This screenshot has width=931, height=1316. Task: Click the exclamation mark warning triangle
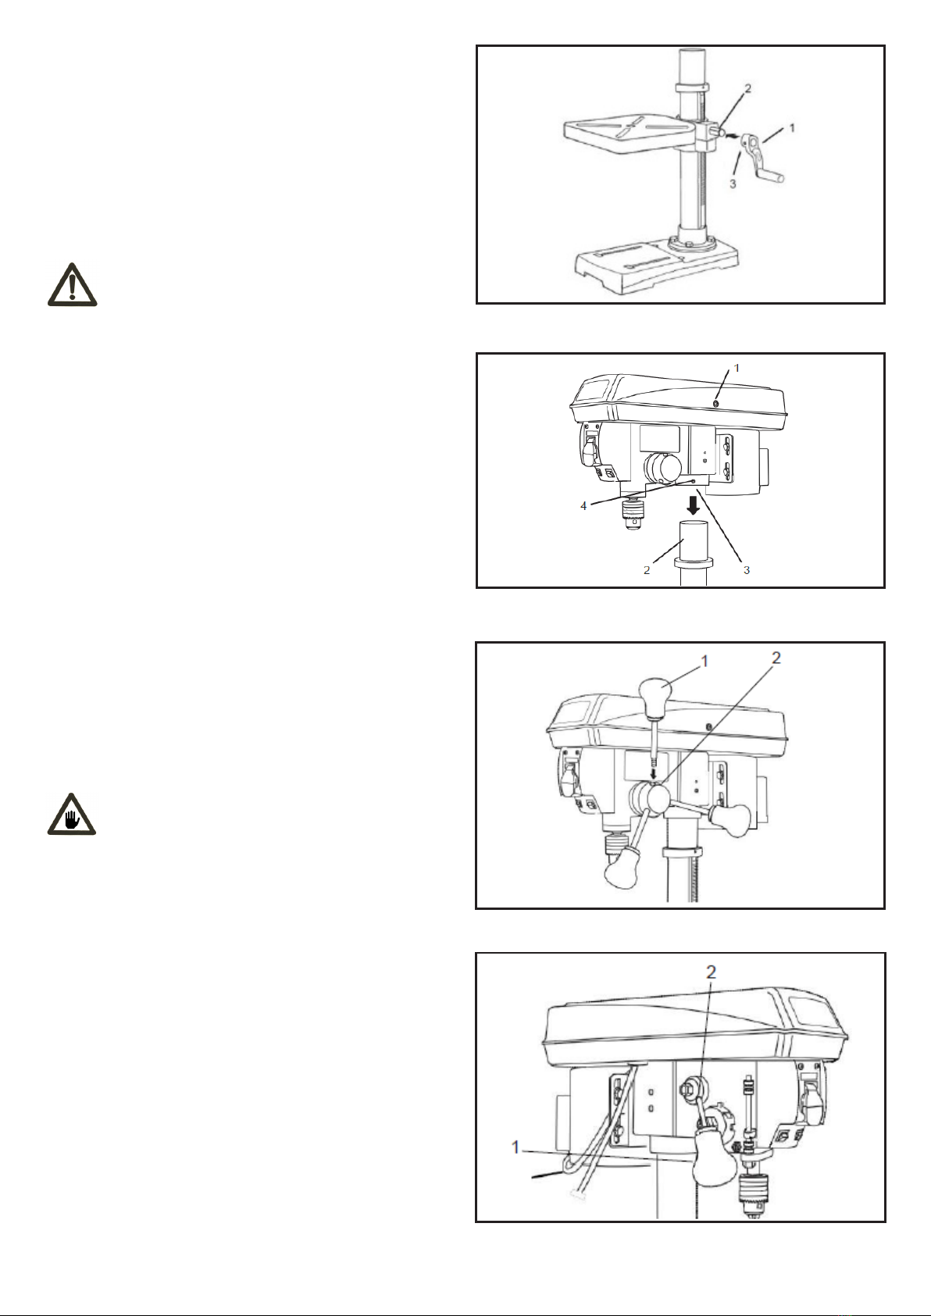(73, 285)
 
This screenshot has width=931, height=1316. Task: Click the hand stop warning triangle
(72, 815)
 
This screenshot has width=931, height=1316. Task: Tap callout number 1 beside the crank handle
(792, 127)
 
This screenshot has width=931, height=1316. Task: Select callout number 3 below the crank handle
(733, 184)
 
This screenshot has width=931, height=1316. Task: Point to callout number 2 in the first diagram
(747, 89)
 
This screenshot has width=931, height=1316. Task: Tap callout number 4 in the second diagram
(583, 506)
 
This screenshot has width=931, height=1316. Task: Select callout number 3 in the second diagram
(747, 570)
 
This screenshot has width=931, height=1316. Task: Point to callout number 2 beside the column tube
(647, 570)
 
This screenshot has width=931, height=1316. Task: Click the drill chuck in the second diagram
(632, 514)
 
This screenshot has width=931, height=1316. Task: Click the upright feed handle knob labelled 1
(655, 698)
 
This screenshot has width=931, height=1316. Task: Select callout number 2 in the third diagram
(776, 658)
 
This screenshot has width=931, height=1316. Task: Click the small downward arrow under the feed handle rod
(653, 774)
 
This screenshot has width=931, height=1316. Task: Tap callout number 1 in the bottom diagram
(515, 1147)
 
